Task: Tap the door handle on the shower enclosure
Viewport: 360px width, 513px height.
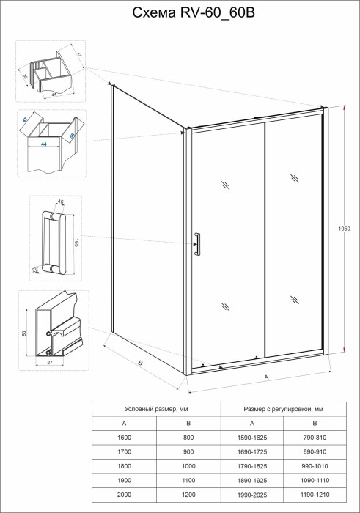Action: pos(196,245)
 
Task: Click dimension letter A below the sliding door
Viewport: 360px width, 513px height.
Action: pos(266,377)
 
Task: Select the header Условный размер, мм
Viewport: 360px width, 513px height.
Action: pos(155,409)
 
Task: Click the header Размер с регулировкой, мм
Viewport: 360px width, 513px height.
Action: pos(283,409)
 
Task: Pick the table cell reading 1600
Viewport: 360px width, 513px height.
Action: pos(124,438)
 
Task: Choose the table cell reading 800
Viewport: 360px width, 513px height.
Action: pos(188,438)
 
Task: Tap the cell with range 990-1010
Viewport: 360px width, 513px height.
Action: pos(315,466)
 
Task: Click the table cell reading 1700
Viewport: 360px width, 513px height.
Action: pos(124,451)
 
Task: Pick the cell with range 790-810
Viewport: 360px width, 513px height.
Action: pos(315,438)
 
